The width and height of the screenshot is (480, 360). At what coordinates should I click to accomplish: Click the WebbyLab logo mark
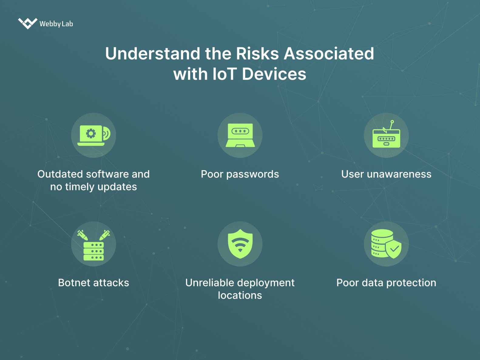(x=27, y=23)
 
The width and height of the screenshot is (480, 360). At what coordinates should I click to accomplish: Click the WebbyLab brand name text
(x=56, y=24)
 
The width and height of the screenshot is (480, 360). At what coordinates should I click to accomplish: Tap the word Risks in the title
(x=257, y=54)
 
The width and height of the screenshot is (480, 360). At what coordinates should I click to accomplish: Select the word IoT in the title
(x=225, y=74)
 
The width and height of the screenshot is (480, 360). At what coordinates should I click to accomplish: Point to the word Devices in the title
(x=274, y=74)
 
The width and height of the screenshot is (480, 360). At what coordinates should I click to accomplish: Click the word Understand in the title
(x=153, y=54)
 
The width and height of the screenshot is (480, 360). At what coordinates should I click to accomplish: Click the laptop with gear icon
(x=93, y=135)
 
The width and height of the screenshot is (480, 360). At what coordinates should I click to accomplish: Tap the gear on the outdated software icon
(x=91, y=133)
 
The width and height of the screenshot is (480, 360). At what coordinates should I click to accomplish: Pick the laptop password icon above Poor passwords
(x=240, y=135)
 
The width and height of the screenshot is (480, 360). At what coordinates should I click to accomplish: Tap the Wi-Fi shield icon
(x=240, y=244)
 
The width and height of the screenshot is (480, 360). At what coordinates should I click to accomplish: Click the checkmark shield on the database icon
(x=394, y=249)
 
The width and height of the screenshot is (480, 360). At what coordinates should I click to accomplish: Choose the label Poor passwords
(x=240, y=174)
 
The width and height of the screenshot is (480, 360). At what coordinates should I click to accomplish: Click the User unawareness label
(x=386, y=174)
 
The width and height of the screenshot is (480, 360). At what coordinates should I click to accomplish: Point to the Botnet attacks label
(x=93, y=283)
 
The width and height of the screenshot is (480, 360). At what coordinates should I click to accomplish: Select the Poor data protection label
(x=386, y=283)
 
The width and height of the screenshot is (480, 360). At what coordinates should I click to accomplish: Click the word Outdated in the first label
(x=60, y=174)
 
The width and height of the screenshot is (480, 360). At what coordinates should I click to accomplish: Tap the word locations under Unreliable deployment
(x=240, y=295)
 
